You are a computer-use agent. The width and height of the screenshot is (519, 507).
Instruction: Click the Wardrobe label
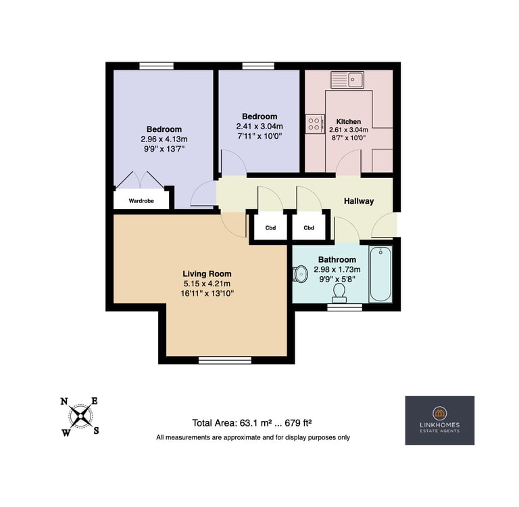[x=141, y=201]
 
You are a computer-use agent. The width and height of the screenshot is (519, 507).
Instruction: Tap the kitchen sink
[x=347, y=80]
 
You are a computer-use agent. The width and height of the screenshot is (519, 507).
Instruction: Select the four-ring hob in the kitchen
[x=315, y=124]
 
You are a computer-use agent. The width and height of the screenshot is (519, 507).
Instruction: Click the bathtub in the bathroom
[x=380, y=274]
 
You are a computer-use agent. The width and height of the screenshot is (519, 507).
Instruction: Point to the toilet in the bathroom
[x=339, y=294]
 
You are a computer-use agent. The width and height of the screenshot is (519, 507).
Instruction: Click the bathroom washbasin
[x=300, y=274]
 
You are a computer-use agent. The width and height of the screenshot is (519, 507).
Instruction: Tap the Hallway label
[x=359, y=201]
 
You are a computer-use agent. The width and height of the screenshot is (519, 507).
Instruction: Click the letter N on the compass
[x=64, y=401]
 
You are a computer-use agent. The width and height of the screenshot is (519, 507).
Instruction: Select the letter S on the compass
[x=96, y=431]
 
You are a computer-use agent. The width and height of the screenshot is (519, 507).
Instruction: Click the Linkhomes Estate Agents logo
[x=439, y=420]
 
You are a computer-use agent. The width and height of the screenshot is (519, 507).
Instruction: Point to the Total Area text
[x=252, y=423]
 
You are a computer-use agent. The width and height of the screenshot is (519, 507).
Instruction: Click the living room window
[x=225, y=360]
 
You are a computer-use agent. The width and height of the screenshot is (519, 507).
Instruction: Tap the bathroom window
[x=345, y=307]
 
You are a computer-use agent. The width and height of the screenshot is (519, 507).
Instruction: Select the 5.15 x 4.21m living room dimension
[x=207, y=284]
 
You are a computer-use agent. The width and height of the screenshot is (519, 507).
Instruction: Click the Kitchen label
[x=349, y=121]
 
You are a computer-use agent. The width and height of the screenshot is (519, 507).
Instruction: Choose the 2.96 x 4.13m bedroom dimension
[x=164, y=139]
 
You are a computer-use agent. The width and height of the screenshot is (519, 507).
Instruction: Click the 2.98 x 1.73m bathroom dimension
[x=337, y=269]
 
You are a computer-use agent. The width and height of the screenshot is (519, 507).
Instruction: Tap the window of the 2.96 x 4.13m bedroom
[x=157, y=66]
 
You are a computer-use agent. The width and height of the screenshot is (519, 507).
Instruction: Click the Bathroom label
[x=337, y=260]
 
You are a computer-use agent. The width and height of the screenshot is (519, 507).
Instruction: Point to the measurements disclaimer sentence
[x=253, y=437]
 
